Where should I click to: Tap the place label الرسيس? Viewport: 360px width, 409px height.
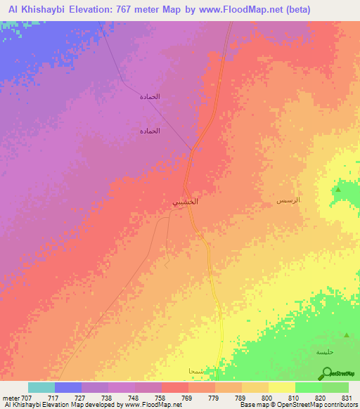point(288,201)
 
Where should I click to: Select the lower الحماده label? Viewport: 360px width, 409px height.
point(149,131)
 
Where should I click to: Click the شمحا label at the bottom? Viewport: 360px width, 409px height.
point(196,370)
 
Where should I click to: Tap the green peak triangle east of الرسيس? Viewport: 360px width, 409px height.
point(339,190)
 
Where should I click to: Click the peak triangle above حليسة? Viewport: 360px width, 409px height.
point(345,335)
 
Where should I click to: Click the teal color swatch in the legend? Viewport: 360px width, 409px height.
point(41,387)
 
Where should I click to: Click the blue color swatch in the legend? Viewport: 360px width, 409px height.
point(68,387)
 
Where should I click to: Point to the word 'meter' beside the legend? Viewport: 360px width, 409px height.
point(11,398)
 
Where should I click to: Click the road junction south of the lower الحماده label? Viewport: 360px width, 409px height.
point(192,149)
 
